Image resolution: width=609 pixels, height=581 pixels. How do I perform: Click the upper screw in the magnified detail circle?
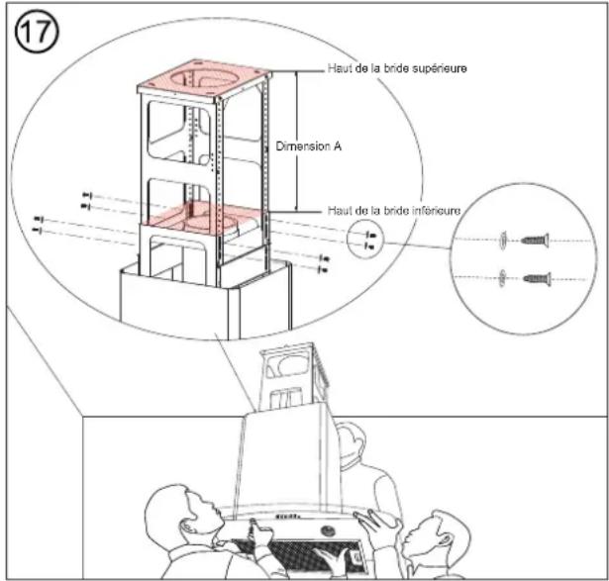[x=535, y=238]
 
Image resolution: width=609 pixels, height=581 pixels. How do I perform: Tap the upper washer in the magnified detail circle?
[x=505, y=238]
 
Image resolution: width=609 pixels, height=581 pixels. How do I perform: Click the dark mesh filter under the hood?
[x=297, y=560]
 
